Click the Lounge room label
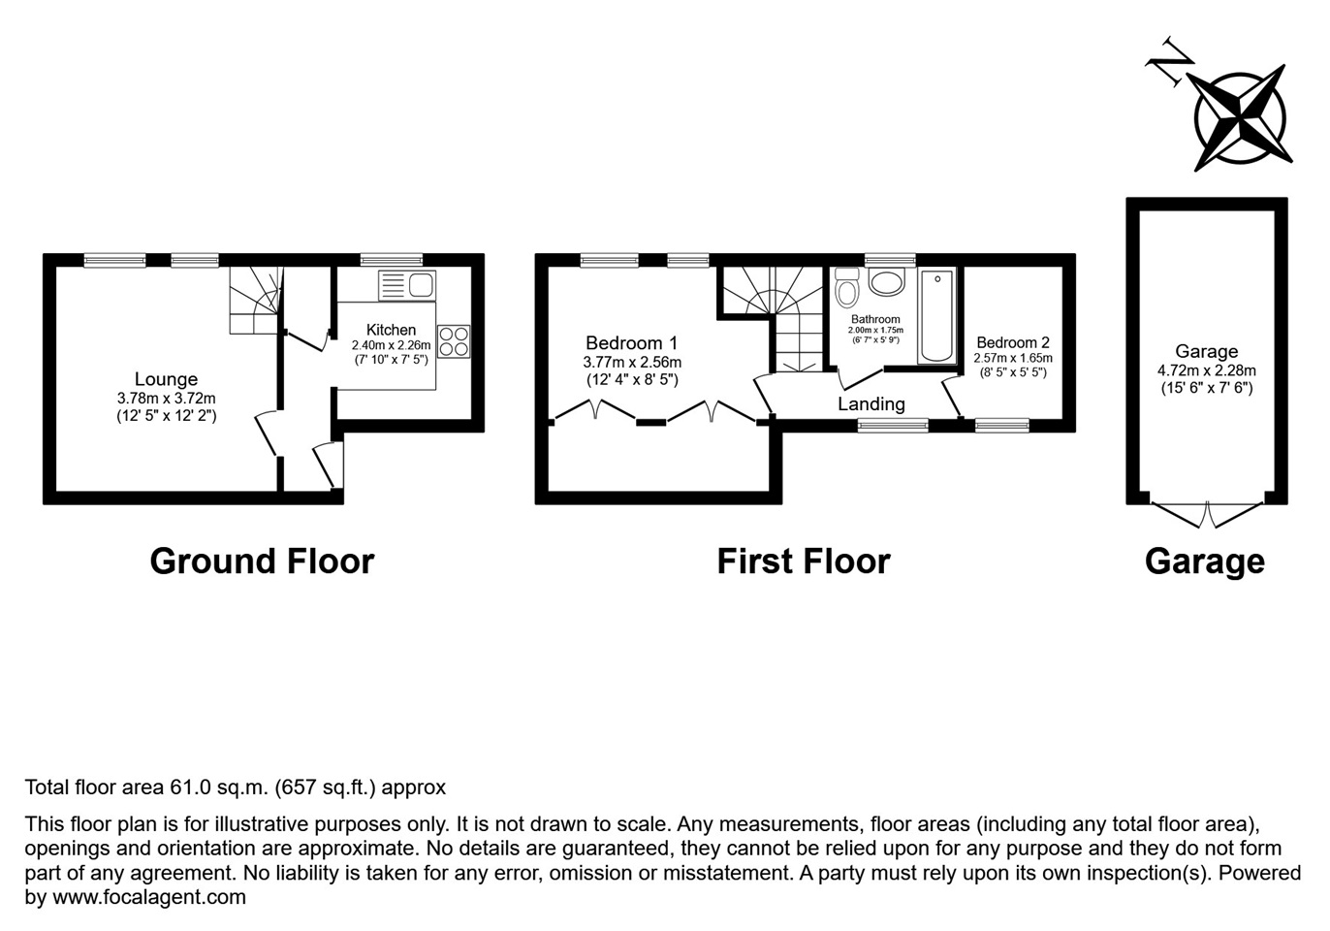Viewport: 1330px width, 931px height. coord(166,379)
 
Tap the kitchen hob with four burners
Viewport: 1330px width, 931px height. coord(454,341)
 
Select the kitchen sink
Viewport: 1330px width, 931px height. coord(407,285)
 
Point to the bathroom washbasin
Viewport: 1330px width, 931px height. coord(886,282)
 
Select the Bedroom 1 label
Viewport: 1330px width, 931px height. coord(631,343)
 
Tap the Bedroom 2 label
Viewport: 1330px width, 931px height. coord(1012,342)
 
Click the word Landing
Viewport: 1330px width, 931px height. coord(871,404)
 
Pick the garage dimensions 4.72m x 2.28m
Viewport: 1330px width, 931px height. coord(1206,370)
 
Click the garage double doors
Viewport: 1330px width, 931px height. coord(1207,513)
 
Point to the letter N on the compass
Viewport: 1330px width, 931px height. coord(1170,63)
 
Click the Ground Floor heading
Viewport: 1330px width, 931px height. coord(262,562)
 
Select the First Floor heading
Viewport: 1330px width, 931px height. coord(803,562)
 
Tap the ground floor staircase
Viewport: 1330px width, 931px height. coord(255,301)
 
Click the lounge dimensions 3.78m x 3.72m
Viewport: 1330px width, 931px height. coord(166,398)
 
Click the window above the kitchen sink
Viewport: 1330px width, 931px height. coord(392,260)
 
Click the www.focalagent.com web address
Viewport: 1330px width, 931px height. coord(148,897)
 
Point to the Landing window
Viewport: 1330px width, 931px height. coord(893,425)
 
